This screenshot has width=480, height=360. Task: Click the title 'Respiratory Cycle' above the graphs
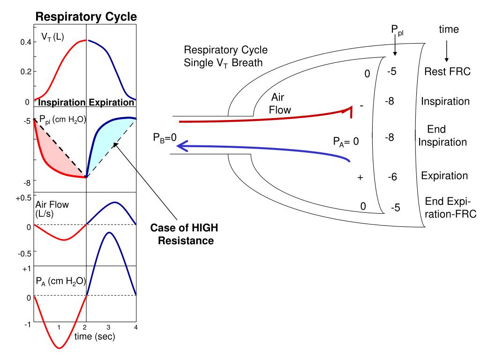coord(86,17)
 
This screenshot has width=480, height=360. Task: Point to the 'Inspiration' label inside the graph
coord(61,103)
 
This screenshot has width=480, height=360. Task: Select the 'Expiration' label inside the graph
coord(112,103)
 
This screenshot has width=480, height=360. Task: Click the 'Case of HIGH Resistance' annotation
coord(185,234)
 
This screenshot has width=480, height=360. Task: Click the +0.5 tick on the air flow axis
coord(23,197)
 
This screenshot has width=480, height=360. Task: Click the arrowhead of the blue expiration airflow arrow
coord(184,148)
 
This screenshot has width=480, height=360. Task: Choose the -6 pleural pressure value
coord(393,177)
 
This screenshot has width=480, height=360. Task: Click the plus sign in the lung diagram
coord(360,178)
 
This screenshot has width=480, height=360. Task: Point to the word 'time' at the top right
coord(449,30)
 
